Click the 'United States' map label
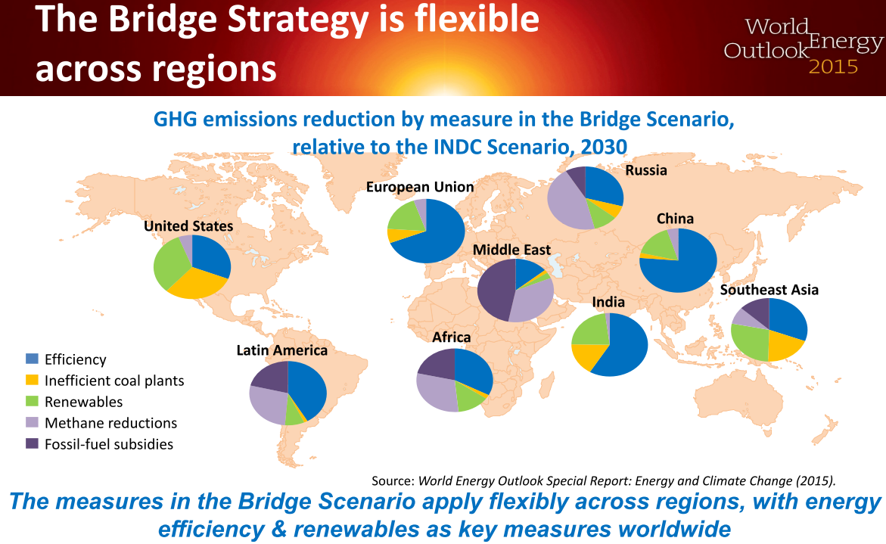(188, 226)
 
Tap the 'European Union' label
(420, 187)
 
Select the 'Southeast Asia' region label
(769, 290)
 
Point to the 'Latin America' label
(282, 350)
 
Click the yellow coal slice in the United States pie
(196, 282)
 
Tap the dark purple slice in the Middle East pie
(494, 291)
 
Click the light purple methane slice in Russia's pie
(568, 204)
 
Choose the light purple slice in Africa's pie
(437, 391)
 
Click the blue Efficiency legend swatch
(33, 359)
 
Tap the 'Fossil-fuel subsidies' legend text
(109, 445)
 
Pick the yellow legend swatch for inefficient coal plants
(33, 380)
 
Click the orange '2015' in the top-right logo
(834, 67)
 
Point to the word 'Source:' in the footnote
(393, 480)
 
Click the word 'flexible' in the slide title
(477, 19)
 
